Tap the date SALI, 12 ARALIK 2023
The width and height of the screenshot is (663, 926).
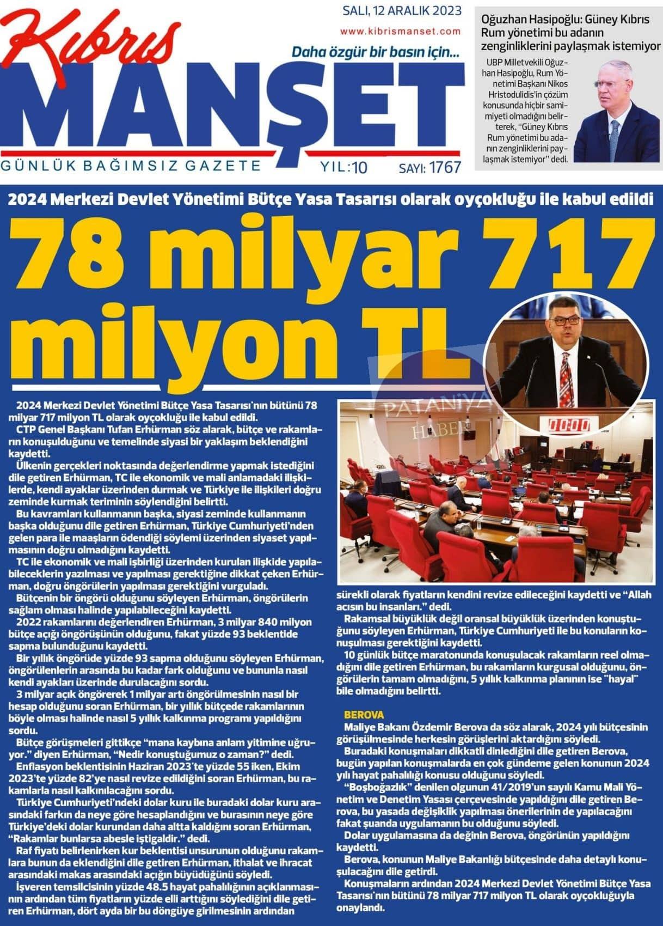pos(402,10)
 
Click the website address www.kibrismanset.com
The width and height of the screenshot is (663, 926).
pos(401,32)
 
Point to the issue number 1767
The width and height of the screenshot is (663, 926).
pos(445,167)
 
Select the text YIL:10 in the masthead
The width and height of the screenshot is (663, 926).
pos(344,167)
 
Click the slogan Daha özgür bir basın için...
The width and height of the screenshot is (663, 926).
pos(376,53)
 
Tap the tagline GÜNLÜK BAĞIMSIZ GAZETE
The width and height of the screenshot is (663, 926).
pos(131,165)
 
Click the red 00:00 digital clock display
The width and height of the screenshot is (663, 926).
pos(569,424)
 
